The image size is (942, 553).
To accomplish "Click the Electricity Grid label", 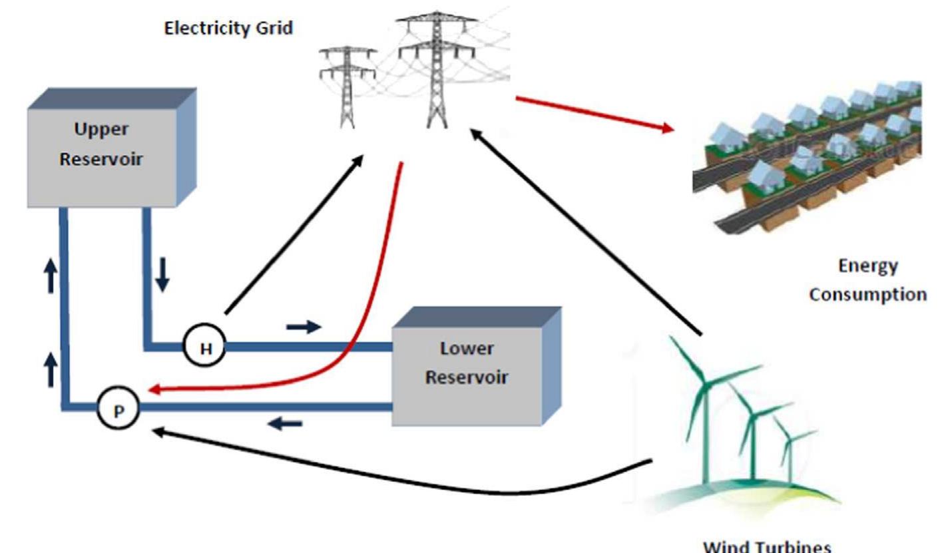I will [x=228, y=29].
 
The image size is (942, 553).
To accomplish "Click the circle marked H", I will [x=206, y=347].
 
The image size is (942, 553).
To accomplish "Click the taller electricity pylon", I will [x=436, y=70].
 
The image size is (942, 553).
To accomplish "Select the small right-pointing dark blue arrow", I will [x=304, y=326].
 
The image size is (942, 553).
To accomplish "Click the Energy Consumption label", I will [x=867, y=280].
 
